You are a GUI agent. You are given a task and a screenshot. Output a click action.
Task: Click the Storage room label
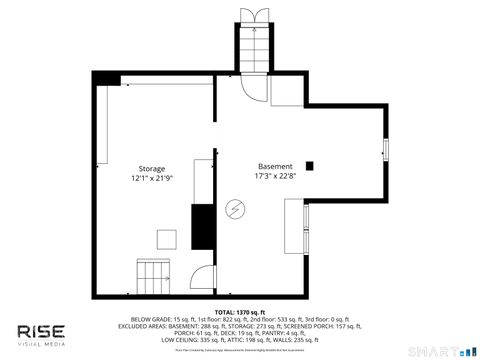[152, 169]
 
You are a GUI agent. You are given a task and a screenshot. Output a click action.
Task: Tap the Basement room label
[275, 166]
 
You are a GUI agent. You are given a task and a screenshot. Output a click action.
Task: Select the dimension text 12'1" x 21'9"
[152, 178]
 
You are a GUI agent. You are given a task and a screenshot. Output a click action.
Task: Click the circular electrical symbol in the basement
[235, 209]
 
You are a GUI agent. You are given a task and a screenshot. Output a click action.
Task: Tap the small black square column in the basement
[309, 166]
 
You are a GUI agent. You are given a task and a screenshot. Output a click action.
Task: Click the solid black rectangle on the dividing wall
[203, 225]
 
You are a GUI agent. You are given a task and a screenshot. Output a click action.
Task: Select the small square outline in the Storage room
[165, 238]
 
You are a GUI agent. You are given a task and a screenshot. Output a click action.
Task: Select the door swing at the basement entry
[257, 90]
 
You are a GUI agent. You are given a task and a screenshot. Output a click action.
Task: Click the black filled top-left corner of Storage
[107, 79]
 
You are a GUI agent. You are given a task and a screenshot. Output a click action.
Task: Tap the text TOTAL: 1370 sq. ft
[240, 312]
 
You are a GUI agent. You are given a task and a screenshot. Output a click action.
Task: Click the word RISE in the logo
[40, 332]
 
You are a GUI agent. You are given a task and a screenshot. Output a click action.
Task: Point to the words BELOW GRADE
[148, 319]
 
